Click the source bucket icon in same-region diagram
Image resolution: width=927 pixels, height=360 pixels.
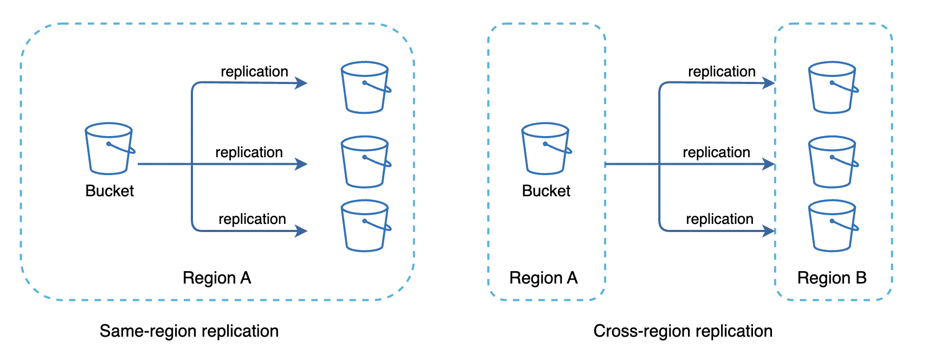click(x=109, y=149)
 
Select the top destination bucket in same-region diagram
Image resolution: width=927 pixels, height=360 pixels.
click(x=365, y=87)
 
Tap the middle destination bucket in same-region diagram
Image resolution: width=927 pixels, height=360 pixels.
click(x=365, y=162)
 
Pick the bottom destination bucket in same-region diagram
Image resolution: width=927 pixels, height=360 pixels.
click(x=365, y=226)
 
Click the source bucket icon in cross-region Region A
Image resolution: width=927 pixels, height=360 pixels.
click(x=545, y=149)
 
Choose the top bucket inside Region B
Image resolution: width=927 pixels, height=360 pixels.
click(x=832, y=87)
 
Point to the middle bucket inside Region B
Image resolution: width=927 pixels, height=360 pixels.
click(x=832, y=162)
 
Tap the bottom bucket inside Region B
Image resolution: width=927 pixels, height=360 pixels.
click(x=832, y=226)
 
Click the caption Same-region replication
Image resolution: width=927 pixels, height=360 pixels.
click(x=189, y=331)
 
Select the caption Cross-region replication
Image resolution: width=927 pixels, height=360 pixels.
click(x=683, y=331)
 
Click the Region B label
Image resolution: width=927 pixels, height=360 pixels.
click(x=832, y=278)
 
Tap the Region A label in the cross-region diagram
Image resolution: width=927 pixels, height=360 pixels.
click(x=543, y=278)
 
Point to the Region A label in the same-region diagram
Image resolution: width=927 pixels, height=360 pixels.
click(x=217, y=278)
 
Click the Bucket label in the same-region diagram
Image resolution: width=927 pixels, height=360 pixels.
click(x=110, y=191)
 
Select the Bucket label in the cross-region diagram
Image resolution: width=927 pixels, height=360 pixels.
click(x=546, y=191)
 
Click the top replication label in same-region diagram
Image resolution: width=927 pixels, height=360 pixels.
click(x=254, y=72)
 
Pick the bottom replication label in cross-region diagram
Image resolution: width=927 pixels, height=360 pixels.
click(x=719, y=219)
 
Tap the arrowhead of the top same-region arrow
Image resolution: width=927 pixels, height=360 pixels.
click(x=301, y=83)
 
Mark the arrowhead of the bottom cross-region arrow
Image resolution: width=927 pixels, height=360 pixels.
click(x=769, y=231)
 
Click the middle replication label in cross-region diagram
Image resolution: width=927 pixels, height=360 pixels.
click(x=716, y=152)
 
